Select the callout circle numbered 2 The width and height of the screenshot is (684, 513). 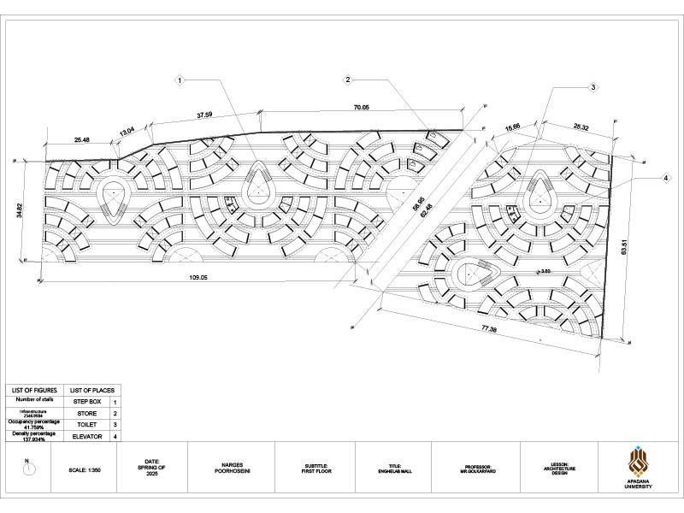tap(348, 80)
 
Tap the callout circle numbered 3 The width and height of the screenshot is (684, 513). tap(593, 87)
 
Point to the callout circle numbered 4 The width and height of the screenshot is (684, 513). tap(664, 178)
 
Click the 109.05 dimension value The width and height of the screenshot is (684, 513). tap(198, 278)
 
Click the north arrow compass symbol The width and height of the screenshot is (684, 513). tap(27, 469)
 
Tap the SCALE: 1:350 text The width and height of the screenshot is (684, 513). tap(86, 470)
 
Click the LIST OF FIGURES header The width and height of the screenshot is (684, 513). tap(34, 390)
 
